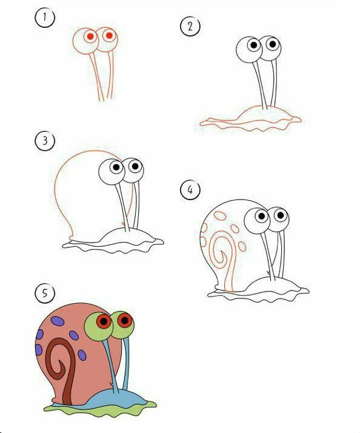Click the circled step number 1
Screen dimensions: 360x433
(x=45, y=18)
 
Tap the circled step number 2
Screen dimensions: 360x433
(x=190, y=26)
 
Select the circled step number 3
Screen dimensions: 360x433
(x=45, y=141)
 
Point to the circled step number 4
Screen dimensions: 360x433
(x=190, y=189)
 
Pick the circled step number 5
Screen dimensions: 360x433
(x=45, y=293)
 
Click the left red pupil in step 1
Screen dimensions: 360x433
(x=90, y=36)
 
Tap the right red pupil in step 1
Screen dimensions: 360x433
(x=109, y=35)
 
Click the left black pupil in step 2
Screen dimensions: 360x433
(x=254, y=45)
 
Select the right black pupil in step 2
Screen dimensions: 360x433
(x=273, y=44)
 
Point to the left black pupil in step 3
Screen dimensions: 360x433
(x=116, y=167)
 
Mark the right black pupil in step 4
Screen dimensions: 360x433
(x=281, y=215)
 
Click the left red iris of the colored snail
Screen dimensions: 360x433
(x=104, y=321)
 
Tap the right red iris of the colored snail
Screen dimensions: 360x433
(x=124, y=320)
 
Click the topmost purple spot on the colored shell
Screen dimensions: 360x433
(x=58, y=321)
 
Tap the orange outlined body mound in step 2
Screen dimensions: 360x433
(x=250, y=118)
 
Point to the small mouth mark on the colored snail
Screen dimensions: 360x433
(x=111, y=384)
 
